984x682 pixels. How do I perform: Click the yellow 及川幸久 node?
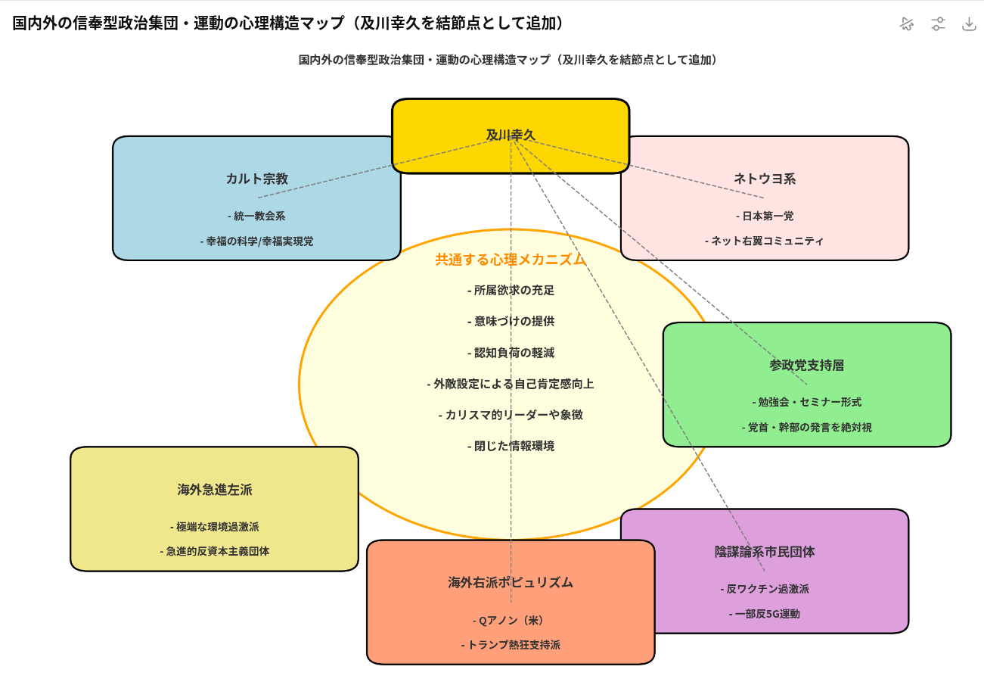pyautogui.click(x=511, y=135)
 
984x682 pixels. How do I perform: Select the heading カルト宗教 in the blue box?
pyautogui.click(x=256, y=179)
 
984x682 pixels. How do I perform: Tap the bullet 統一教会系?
pyautogui.click(x=256, y=216)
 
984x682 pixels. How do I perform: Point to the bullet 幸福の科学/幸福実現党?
pyautogui.click(x=256, y=241)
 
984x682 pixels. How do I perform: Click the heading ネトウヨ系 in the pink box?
pyautogui.click(x=764, y=179)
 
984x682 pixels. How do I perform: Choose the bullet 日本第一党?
pyautogui.click(x=764, y=216)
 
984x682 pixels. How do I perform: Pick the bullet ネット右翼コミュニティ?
pyautogui.click(x=764, y=241)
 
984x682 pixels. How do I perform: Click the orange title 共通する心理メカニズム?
pyautogui.click(x=511, y=259)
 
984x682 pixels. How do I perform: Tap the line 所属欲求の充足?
pyautogui.click(x=511, y=290)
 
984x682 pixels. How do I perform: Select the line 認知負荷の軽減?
pyautogui.click(x=511, y=352)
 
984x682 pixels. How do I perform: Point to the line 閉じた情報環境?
pyautogui.click(x=511, y=446)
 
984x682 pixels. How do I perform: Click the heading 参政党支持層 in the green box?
pyautogui.click(x=806, y=365)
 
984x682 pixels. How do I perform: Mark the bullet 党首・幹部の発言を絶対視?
pyautogui.click(x=806, y=427)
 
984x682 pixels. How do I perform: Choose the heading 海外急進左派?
pyautogui.click(x=214, y=489)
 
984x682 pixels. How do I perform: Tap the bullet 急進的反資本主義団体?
pyautogui.click(x=214, y=551)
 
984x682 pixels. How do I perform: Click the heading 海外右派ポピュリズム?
pyautogui.click(x=511, y=582)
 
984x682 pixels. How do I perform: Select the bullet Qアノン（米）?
pyautogui.click(x=511, y=620)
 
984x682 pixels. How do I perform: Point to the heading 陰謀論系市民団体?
pyautogui.click(x=764, y=551)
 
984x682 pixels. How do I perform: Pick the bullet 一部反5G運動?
pyautogui.click(x=764, y=613)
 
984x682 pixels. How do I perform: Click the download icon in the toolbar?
pyautogui.click(x=969, y=23)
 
